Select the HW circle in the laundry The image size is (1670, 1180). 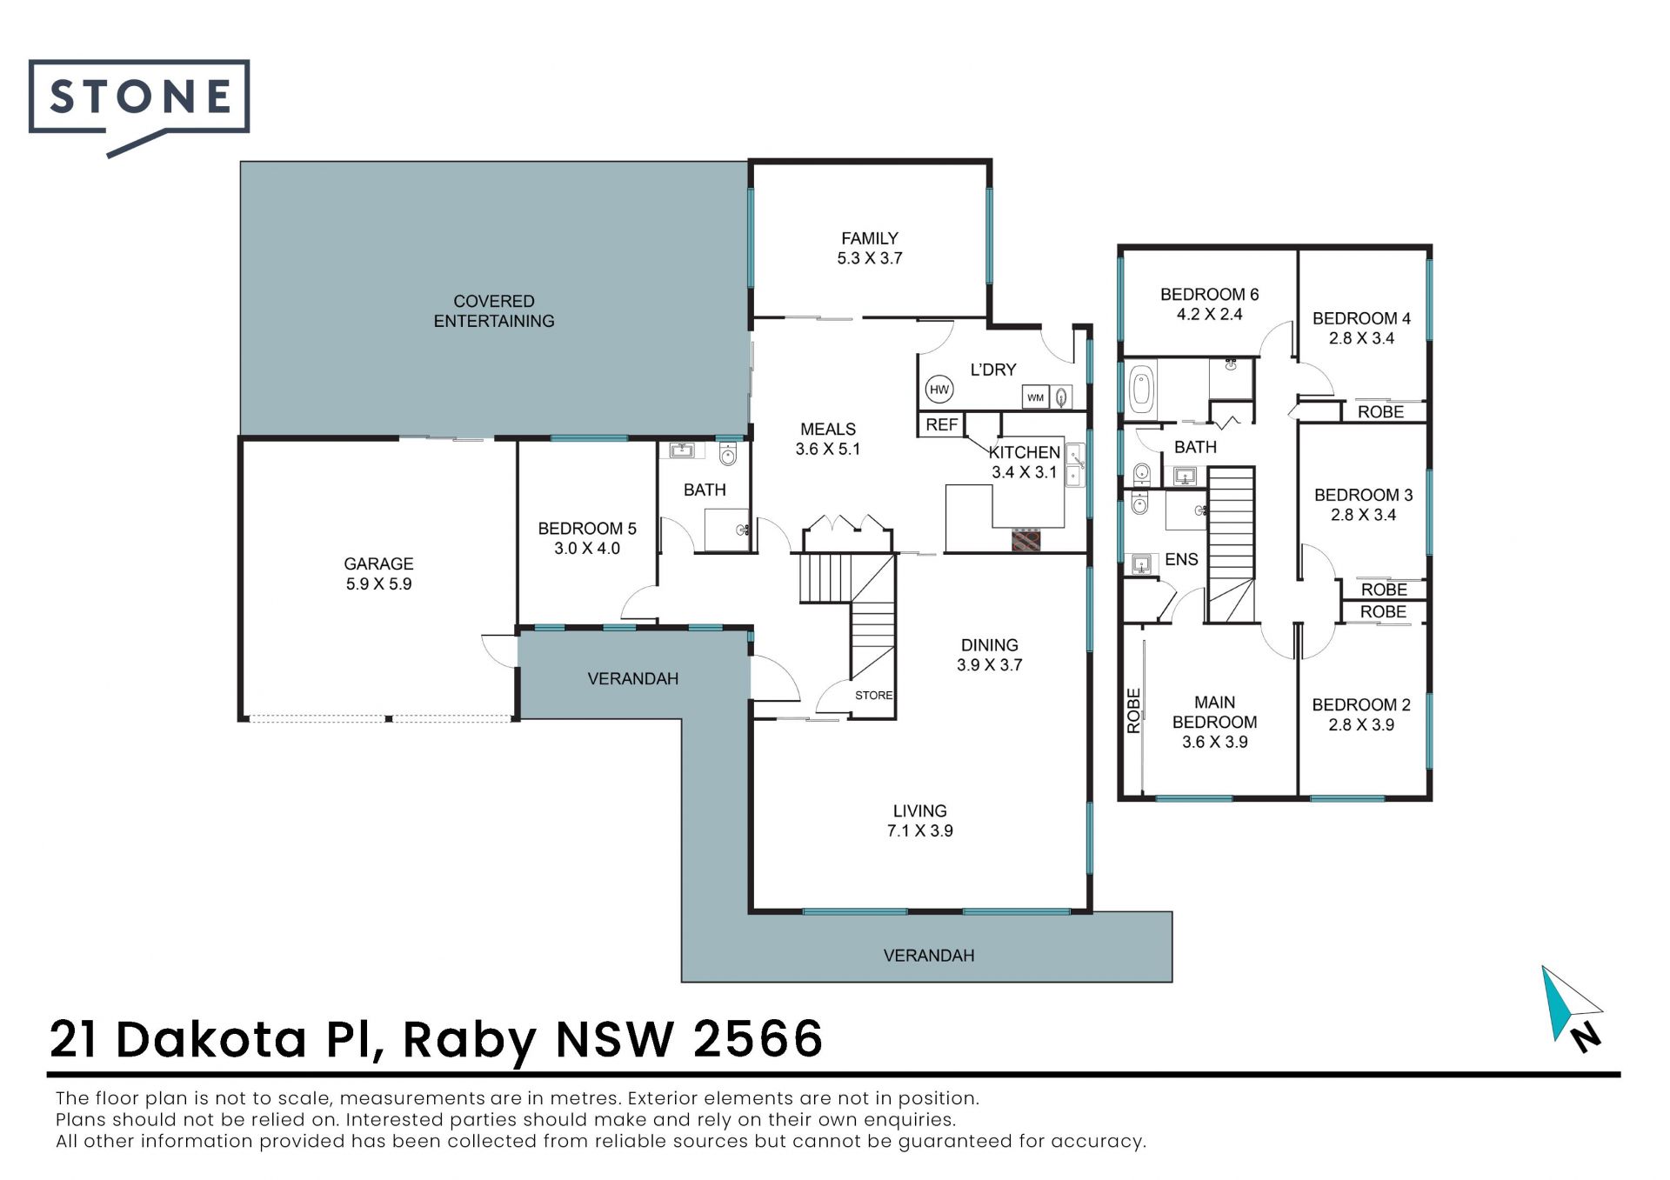939,390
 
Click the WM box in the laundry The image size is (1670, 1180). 1035,397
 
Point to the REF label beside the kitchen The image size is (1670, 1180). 942,424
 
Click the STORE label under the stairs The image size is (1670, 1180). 873,695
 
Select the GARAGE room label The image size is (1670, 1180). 378,563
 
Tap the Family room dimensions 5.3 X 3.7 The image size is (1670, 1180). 870,258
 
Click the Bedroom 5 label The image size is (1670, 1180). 587,528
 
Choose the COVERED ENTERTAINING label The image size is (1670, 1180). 494,310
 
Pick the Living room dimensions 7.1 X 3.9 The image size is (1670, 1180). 920,830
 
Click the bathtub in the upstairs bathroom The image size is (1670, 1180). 1141,389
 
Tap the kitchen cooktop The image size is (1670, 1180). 1026,539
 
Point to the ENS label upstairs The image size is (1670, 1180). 1181,559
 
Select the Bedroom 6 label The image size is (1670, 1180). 1209,294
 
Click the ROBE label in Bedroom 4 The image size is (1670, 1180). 1380,411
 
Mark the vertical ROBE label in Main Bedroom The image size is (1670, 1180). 1133,710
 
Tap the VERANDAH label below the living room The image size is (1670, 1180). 929,955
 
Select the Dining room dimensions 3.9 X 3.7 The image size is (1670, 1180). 990,665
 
